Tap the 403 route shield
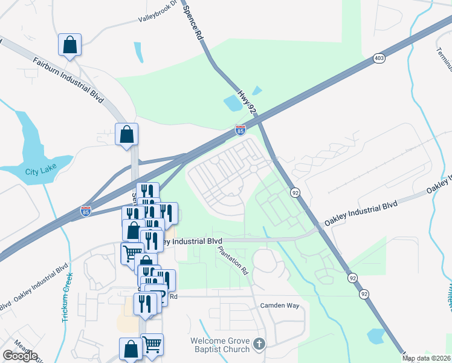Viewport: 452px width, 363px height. [x=379, y=58]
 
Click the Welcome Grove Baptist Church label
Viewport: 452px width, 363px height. [x=221, y=345]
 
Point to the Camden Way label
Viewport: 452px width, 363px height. [x=280, y=306]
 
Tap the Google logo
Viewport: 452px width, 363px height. [x=20, y=356]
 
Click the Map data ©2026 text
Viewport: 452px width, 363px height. [x=427, y=358]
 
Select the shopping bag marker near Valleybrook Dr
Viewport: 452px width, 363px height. [x=70, y=45]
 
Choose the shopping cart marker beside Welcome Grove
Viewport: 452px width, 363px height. [x=152, y=344]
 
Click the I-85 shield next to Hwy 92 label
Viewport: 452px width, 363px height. [x=241, y=129]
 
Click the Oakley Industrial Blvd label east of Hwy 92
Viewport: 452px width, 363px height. [x=360, y=211]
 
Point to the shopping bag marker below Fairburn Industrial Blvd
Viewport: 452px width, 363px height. [x=127, y=134]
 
